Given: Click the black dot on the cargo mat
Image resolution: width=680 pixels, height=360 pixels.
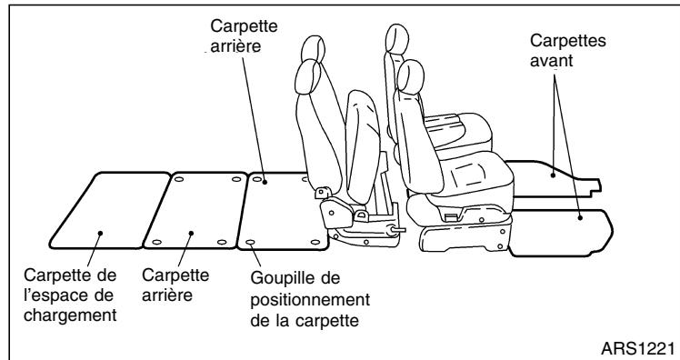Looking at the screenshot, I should pyautogui.click(x=99, y=233).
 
